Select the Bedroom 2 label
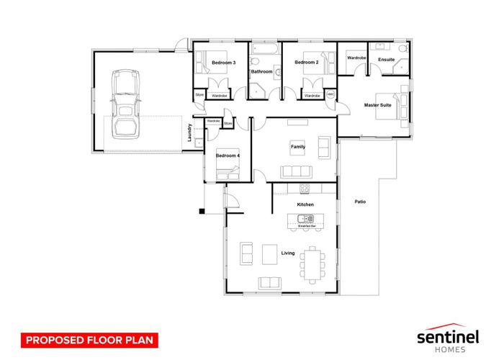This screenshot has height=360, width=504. (306, 63)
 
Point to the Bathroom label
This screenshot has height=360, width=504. (261, 72)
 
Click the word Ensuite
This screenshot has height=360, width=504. (386, 59)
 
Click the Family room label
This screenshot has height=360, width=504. (297, 147)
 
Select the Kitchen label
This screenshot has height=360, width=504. (305, 205)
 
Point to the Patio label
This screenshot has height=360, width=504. (360, 202)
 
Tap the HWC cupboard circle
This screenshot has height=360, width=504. (330, 94)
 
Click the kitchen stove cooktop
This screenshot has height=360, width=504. (304, 189)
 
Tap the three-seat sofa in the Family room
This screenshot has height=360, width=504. (297, 171)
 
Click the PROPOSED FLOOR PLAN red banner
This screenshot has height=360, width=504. (88, 338)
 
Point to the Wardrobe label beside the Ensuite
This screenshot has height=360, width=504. (356, 58)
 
